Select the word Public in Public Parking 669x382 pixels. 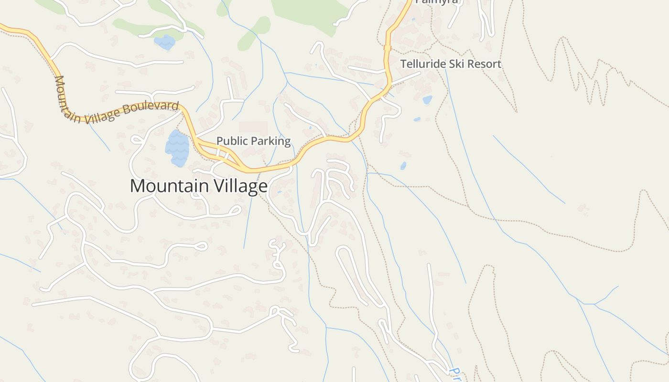(232, 141)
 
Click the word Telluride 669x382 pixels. (423, 64)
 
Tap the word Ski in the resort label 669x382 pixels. (457, 64)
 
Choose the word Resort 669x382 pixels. (484, 64)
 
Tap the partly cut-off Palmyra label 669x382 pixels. (436, 1)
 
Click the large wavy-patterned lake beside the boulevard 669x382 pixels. (177, 148)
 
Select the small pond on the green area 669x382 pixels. (165, 42)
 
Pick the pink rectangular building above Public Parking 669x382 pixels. (253, 127)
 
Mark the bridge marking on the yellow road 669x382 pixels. (388, 48)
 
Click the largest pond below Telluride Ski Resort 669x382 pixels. (427, 100)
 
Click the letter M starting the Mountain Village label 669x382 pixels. (137, 186)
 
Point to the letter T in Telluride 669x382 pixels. (403, 64)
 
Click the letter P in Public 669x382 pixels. (220, 141)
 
